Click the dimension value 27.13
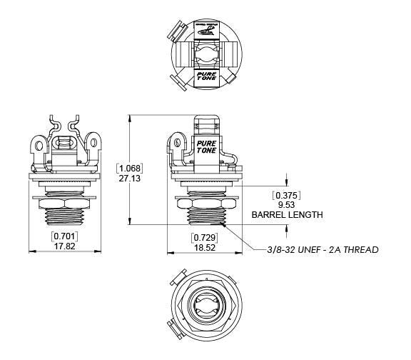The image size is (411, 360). point(130,179)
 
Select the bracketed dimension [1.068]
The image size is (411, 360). point(130,169)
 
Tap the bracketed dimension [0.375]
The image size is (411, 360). point(286,195)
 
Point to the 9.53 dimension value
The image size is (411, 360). point(286,204)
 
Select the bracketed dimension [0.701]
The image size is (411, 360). point(65,236)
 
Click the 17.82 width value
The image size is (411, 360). point(65,245)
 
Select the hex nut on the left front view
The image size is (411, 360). point(65,203)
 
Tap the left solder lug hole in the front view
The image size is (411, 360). point(37,147)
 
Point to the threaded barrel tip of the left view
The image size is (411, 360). point(65,218)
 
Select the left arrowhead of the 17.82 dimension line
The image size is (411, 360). point(31,251)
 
